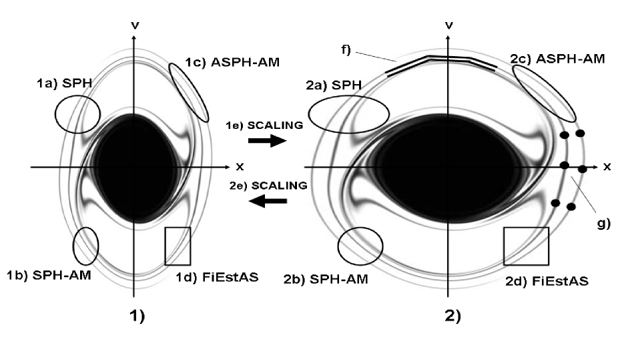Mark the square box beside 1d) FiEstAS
pos(178,246)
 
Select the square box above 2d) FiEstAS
pos(526,246)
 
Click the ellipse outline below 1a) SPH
pos(77,113)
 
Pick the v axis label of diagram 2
pos(450,25)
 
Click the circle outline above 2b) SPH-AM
pos(360,248)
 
